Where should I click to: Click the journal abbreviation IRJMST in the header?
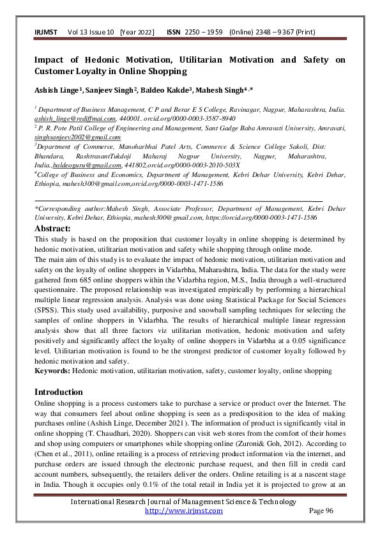click(x=47, y=31)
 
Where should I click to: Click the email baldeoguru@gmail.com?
click(x=80, y=164)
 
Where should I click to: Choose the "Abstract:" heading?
click(x=52, y=228)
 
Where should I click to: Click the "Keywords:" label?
click(x=53, y=371)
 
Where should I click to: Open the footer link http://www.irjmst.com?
click(x=184, y=511)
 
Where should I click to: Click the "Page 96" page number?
click(x=321, y=511)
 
